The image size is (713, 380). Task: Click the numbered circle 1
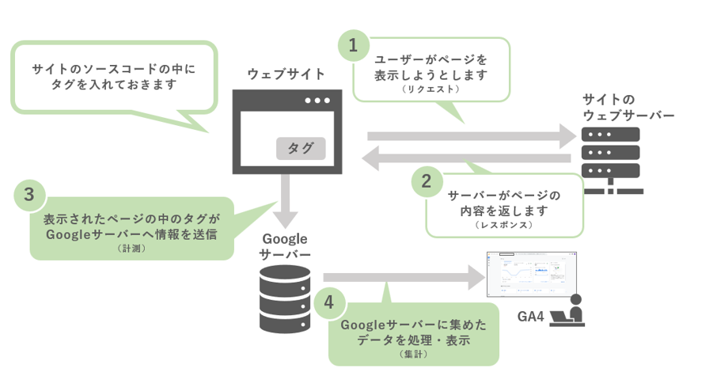[x=354, y=45]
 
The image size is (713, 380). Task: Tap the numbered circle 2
[x=427, y=181]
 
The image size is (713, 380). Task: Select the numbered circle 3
[x=29, y=194]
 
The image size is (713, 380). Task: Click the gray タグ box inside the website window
[x=300, y=148]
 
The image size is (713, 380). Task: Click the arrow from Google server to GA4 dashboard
[x=404, y=277]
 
